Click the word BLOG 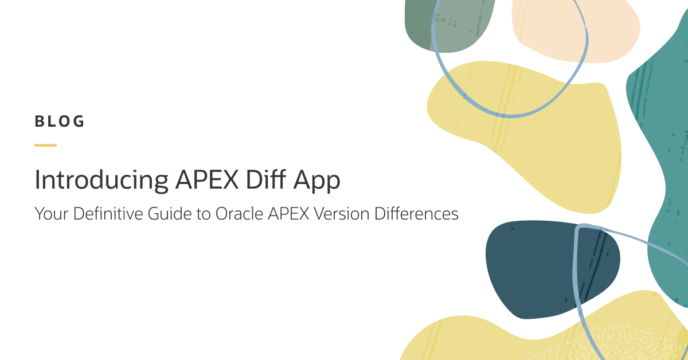(x=60, y=122)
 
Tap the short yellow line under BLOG (x=45, y=145)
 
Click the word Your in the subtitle (x=48, y=214)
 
